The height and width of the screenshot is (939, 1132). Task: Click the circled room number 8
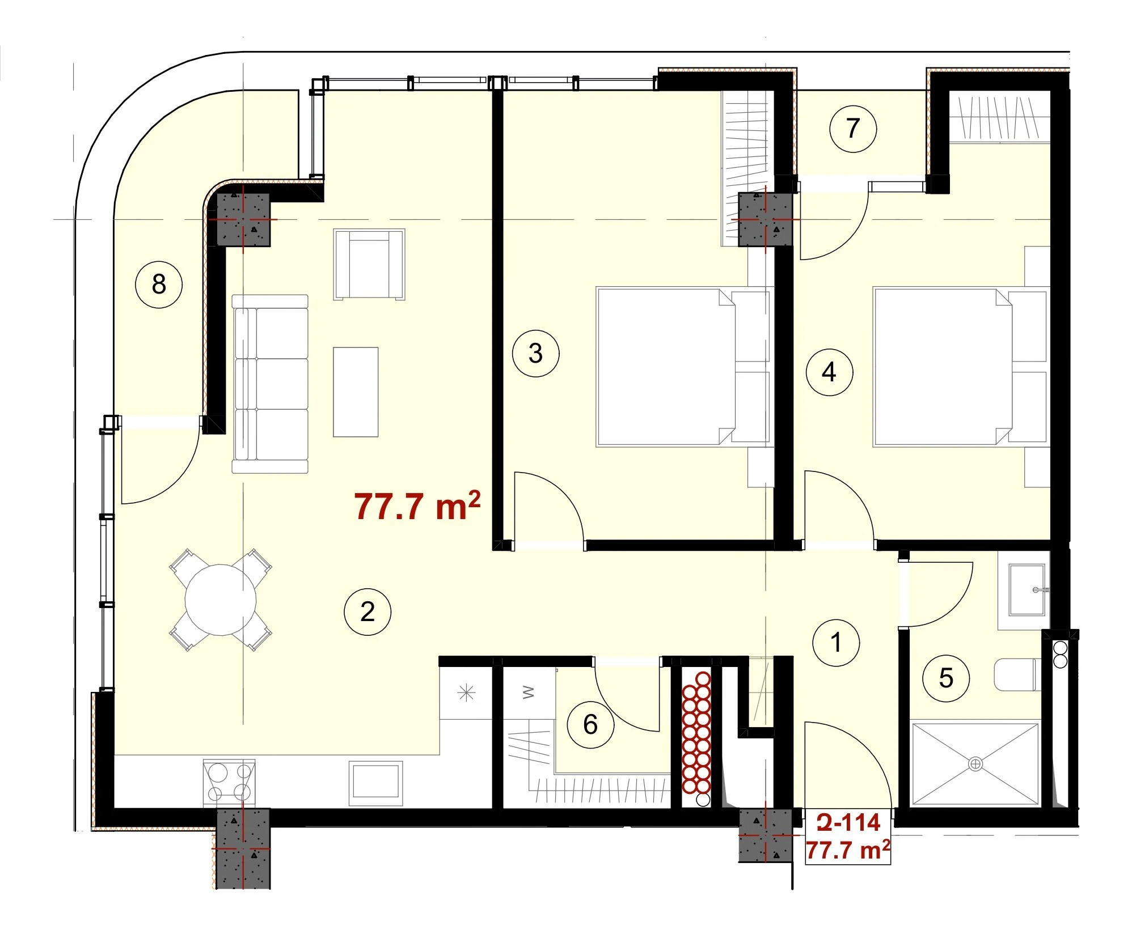159,284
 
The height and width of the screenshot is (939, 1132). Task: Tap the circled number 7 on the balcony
852,129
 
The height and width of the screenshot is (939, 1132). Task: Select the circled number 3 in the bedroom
535,354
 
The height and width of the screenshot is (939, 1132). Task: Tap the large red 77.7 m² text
417,506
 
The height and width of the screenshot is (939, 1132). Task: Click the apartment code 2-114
848,823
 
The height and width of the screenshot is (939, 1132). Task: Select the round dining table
221,600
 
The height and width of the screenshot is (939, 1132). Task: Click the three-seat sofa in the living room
270,384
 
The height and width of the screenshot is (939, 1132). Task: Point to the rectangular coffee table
356,392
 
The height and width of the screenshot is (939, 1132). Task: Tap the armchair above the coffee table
369,264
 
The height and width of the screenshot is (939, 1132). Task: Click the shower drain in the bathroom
975,764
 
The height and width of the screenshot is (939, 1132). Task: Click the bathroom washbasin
1027,590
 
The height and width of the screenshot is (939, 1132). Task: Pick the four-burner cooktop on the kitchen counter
229,781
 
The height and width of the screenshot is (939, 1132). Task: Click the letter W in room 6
528,692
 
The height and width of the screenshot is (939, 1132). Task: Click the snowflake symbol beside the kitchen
466,692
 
